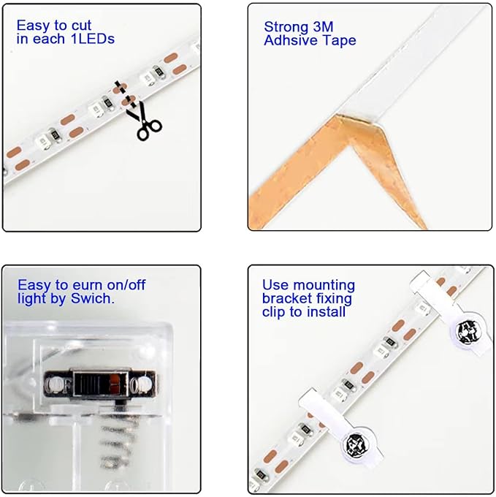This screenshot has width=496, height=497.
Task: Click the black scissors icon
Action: (144, 121)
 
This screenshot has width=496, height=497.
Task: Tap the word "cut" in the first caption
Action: (81, 26)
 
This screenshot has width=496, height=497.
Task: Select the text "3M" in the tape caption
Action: (323, 27)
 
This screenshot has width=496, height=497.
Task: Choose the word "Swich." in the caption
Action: (93, 299)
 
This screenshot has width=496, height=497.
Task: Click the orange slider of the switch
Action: (114, 382)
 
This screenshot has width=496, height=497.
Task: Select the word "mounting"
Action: (324, 286)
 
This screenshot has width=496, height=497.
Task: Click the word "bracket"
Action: (287, 299)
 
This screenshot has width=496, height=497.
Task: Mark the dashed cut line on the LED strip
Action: (126, 94)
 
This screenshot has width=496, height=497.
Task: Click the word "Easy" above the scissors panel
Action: (34, 26)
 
